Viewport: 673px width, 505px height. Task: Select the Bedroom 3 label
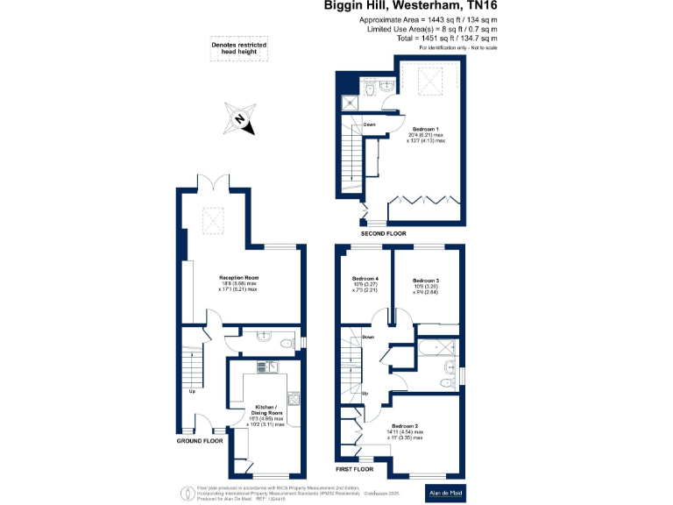coord(425,281)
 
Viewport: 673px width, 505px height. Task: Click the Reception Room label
coord(238,278)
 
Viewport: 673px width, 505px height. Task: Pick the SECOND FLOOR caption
coord(384,234)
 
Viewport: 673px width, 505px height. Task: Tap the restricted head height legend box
coord(239,49)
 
